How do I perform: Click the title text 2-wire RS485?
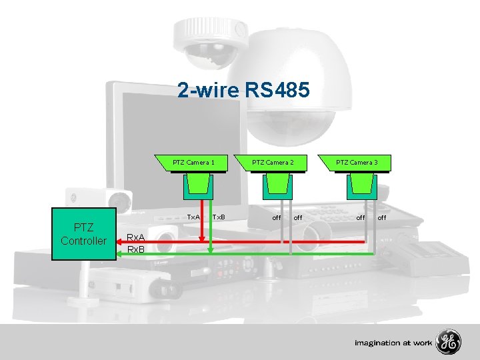[x=243, y=90]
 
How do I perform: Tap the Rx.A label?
[x=137, y=237]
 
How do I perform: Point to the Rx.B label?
[x=137, y=249]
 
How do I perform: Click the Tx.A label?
[x=193, y=217]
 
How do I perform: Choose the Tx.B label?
[x=219, y=217]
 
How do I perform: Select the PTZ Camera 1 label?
[x=193, y=162]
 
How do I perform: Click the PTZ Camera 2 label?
[x=273, y=162]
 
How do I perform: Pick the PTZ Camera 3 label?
[x=357, y=162]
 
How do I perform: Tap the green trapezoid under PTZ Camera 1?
[x=199, y=185]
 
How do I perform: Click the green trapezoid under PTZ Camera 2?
[x=277, y=185]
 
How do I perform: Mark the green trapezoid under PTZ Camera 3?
[x=361, y=185]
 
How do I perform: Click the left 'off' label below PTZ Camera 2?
[x=276, y=217]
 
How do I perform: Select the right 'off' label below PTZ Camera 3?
[x=382, y=217]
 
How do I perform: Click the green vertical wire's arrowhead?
[x=211, y=249]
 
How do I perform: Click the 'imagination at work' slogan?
[x=393, y=343]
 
